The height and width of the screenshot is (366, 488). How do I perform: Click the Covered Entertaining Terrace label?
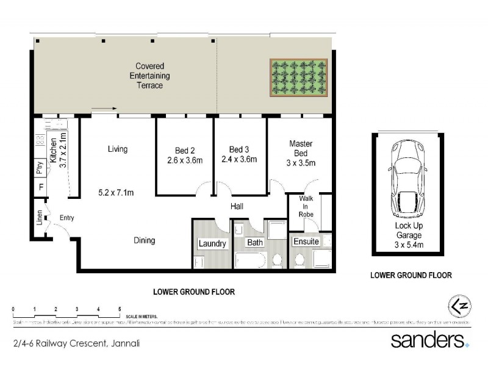(x=150, y=76)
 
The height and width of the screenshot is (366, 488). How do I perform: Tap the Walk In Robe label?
(x=306, y=206)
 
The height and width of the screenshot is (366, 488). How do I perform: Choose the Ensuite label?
(x=306, y=242)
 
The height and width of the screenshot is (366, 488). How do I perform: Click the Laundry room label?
(x=213, y=244)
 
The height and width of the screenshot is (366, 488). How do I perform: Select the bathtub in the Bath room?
(x=249, y=262)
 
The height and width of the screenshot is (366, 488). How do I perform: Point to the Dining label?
(x=145, y=240)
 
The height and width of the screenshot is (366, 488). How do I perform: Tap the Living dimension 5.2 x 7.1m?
(x=117, y=193)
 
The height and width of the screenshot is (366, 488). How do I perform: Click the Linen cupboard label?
(x=40, y=218)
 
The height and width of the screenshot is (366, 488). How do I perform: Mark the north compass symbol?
(x=456, y=305)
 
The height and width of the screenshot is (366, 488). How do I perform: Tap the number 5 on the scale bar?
(x=120, y=309)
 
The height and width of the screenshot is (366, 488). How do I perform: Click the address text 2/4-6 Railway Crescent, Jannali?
(x=77, y=343)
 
